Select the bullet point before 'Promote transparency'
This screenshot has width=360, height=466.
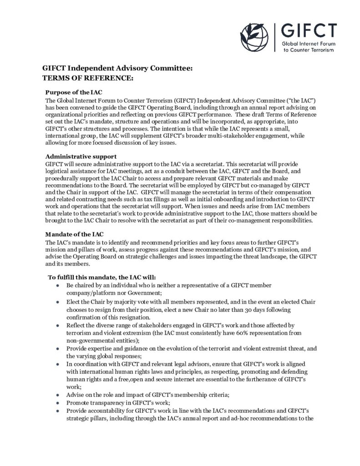[x=57, y=403]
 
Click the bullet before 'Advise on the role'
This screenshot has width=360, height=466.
[x=57, y=395]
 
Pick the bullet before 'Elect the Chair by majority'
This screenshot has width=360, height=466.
[x=57, y=302]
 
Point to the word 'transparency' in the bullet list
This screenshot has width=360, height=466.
[x=109, y=403]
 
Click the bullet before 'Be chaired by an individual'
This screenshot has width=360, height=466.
[x=57, y=285]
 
